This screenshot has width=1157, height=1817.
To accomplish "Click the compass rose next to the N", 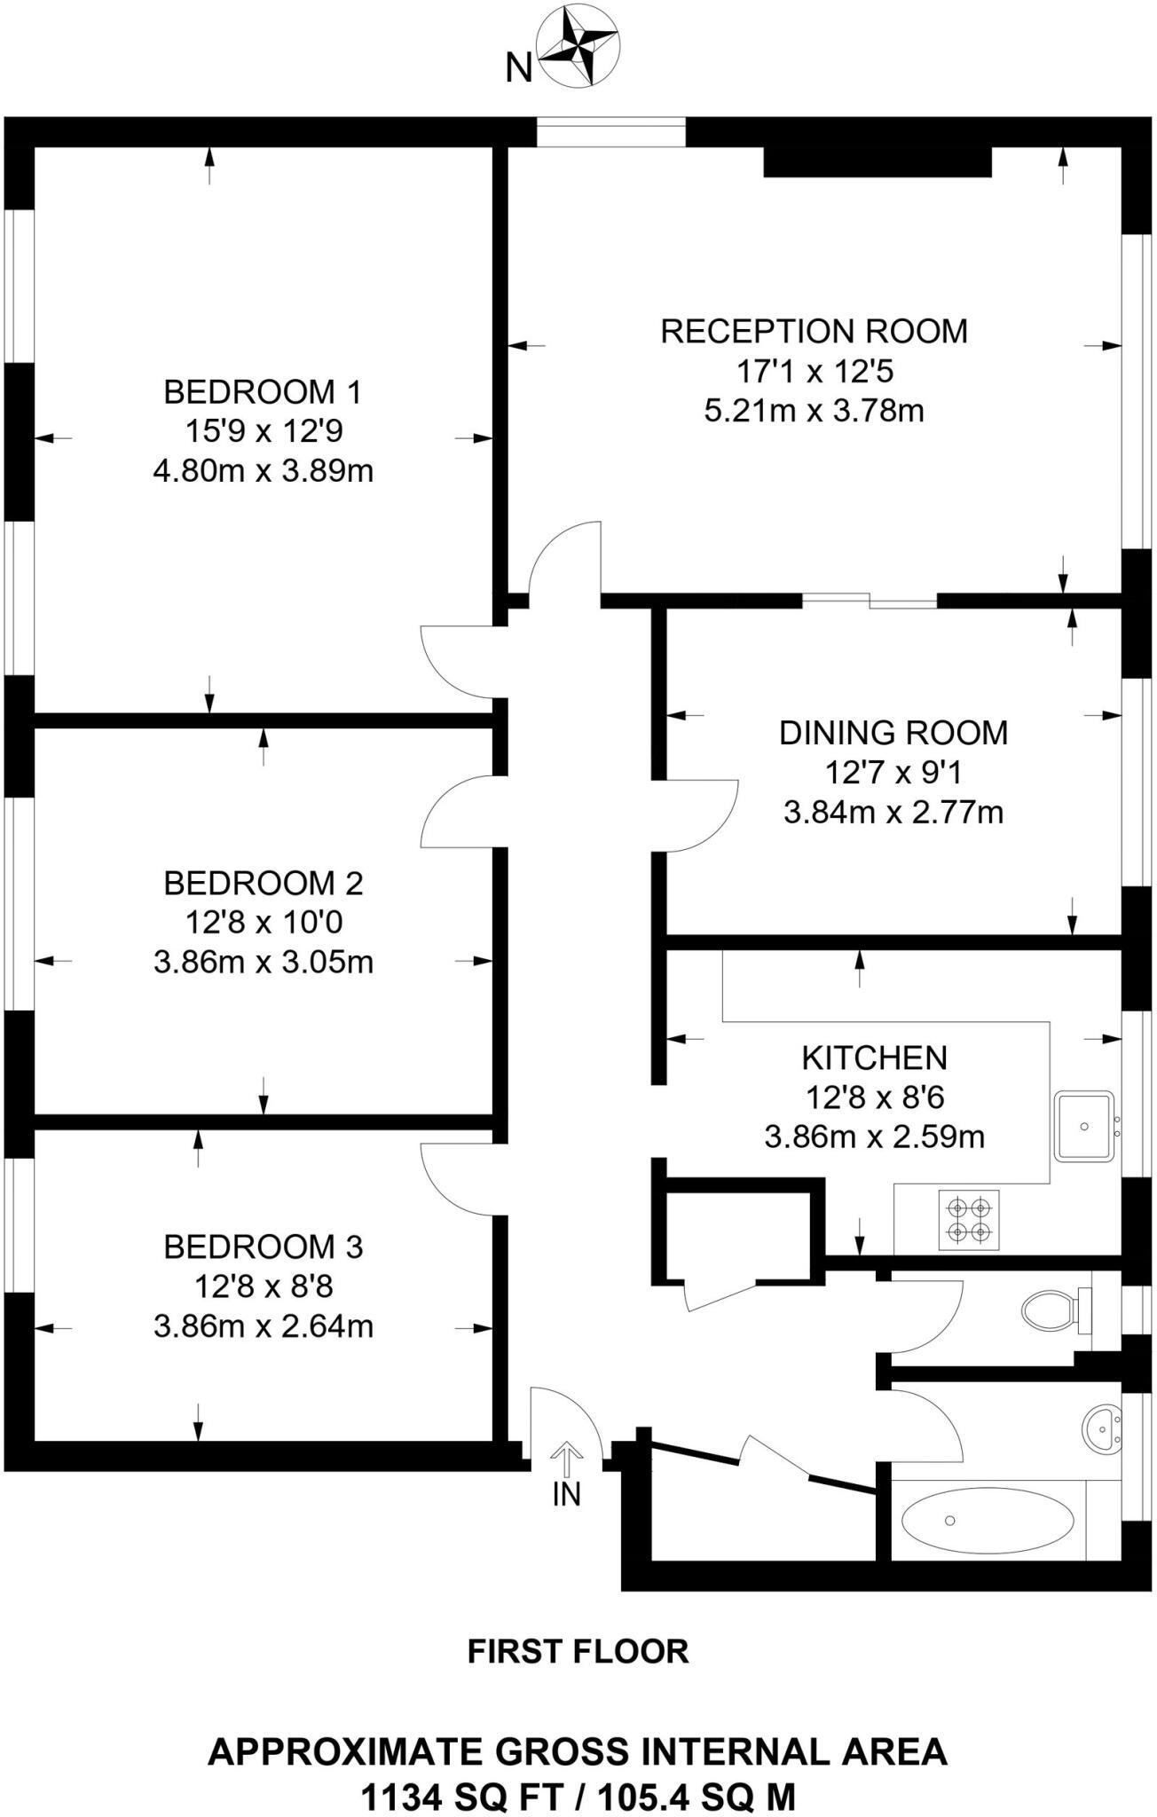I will click(x=579, y=46).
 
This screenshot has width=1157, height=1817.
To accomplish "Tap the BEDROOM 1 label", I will click(x=264, y=391).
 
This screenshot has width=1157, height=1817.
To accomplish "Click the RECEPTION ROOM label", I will click(x=814, y=331).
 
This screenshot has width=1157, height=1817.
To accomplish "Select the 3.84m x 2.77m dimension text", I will click(x=893, y=812).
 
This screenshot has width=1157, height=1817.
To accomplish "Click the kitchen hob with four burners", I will click(x=969, y=1220).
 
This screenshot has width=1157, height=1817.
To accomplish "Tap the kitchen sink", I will click(x=1084, y=1127).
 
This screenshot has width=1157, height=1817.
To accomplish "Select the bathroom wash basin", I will click(x=1101, y=1429).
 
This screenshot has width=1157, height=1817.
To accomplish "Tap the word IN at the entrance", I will click(x=566, y=1495).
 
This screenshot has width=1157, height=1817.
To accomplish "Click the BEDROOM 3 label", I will click(x=264, y=1247).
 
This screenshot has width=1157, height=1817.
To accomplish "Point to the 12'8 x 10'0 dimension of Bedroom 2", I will click(x=264, y=923).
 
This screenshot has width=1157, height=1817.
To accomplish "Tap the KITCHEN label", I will click(x=874, y=1058).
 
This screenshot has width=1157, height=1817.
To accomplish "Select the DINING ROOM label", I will click(x=893, y=733).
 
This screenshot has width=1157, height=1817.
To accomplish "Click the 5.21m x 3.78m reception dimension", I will click(x=814, y=411).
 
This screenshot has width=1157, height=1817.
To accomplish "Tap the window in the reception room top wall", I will click(x=611, y=133).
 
